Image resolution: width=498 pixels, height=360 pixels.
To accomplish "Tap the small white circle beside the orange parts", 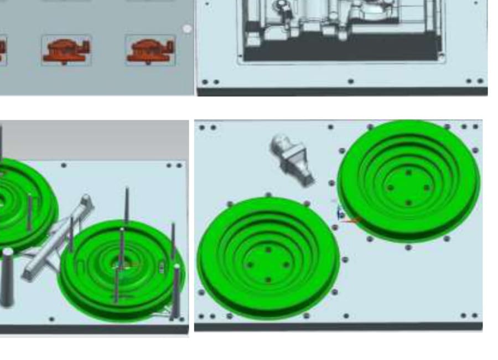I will (x=187, y=29).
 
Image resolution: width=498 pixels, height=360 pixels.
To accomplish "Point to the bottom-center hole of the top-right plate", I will (x=350, y=82).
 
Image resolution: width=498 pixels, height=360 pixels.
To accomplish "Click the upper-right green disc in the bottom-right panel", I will (x=408, y=180).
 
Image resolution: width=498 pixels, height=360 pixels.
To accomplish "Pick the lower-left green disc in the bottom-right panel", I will (x=268, y=258).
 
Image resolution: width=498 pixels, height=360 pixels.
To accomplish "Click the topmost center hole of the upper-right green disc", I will (x=408, y=173).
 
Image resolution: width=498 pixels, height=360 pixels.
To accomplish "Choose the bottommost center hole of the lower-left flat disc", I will (x=268, y=280).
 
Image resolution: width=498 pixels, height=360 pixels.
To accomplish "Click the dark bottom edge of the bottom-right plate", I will (x=338, y=327).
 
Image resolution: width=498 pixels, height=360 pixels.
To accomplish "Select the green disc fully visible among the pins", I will (x=122, y=271).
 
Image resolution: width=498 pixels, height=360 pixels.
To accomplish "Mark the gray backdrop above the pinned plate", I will (x=94, y=138).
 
